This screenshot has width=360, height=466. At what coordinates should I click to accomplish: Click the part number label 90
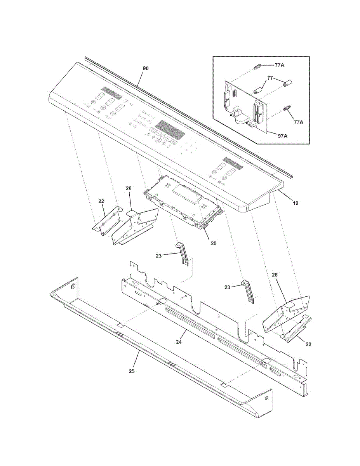coord(146,68)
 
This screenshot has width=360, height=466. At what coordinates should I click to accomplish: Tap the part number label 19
coord(296,203)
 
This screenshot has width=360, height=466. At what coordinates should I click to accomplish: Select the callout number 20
coord(213,243)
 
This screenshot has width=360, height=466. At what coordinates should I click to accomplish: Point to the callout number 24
coord(179,342)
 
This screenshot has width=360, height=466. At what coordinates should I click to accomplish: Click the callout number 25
coord(132,371)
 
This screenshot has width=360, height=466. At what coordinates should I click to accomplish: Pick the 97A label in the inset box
coord(282,136)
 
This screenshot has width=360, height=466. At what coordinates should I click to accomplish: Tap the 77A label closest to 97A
coord(298,122)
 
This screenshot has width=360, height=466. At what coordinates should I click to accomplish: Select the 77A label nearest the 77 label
coord(279,65)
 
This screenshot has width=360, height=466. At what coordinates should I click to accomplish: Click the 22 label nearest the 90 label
coord(101,202)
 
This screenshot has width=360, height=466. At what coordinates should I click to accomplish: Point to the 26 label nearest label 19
coord(275,275)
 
